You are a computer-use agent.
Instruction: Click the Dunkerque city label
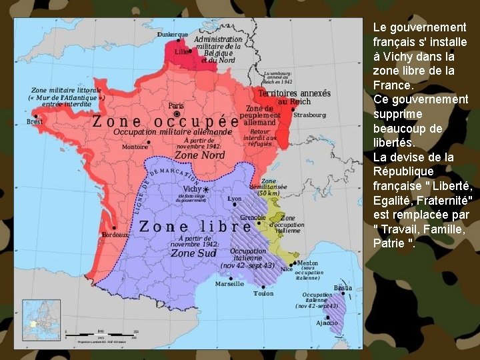tap(172, 34)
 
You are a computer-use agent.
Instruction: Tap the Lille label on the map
tap(181, 51)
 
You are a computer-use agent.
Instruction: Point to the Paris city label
tap(176, 106)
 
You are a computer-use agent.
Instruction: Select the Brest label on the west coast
tap(34, 122)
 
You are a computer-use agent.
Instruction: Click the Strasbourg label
tap(309, 115)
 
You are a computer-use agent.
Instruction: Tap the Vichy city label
tap(192, 189)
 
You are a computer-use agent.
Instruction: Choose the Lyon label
tap(234, 199)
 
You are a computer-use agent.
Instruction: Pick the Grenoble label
tap(253, 218)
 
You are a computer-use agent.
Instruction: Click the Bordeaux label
tap(115, 235)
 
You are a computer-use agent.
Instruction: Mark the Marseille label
tap(229, 283)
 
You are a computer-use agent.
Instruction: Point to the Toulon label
tap(263, 293)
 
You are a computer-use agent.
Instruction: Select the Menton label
tap(307, 263)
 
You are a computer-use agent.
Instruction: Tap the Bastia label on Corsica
tap(343, 288)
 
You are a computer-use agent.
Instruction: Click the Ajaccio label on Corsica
tap(327, 323)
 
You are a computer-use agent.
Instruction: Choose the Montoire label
tap(135, 147)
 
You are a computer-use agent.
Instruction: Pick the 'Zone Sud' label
tap(191, 253)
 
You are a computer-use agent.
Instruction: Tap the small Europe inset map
tap(41, 319)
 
